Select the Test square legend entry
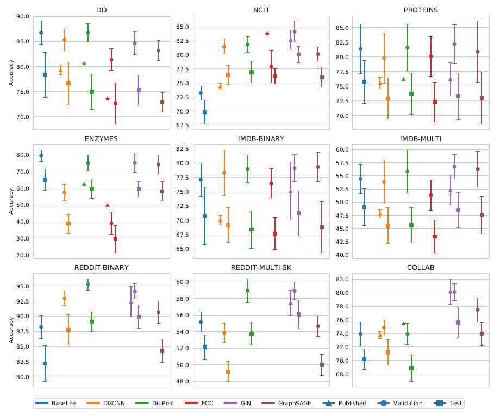(446, 403)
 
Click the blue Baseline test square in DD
(45, 74)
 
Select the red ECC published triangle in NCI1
(267, 34)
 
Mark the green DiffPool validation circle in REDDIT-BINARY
(88, 284)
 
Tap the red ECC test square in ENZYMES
(115, 239)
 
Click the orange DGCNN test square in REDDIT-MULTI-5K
(228, 371)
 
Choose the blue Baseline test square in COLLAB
(364, 359)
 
